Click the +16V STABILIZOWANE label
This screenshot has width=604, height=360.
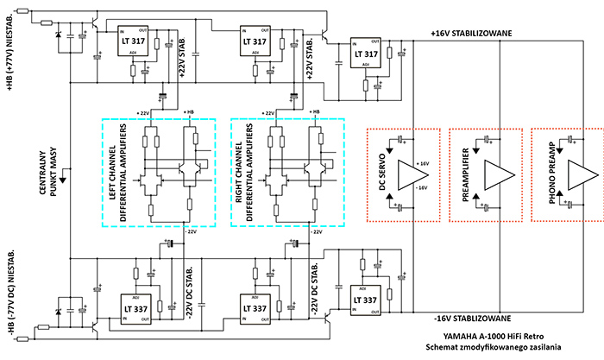(472, 33)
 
